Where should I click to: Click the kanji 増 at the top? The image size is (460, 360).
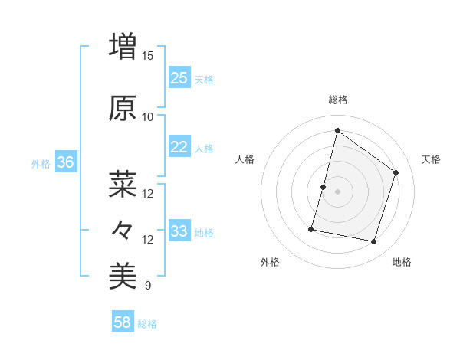(123, 47)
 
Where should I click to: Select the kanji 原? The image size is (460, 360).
(123, 109)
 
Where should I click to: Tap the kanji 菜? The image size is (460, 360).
(123, 184)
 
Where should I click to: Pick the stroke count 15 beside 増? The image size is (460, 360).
(147, 56)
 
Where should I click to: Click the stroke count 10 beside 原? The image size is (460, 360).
(147, 116)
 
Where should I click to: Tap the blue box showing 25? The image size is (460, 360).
(179, 77)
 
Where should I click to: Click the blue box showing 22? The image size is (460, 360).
(179, 147)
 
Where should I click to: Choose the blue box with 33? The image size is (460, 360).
(179, 231)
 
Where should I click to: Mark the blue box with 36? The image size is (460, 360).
(66, 162)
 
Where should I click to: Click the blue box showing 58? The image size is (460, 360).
(123, 322)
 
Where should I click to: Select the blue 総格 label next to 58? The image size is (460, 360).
(147, 324)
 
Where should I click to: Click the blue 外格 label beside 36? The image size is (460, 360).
(41, 163)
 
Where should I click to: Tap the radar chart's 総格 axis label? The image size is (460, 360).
(338, 100)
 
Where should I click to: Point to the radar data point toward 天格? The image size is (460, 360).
(396, 172)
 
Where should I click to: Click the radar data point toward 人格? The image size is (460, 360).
(323, 187)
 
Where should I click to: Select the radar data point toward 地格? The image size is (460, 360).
(374, 242)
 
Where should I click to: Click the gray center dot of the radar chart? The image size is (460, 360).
(338, 191)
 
